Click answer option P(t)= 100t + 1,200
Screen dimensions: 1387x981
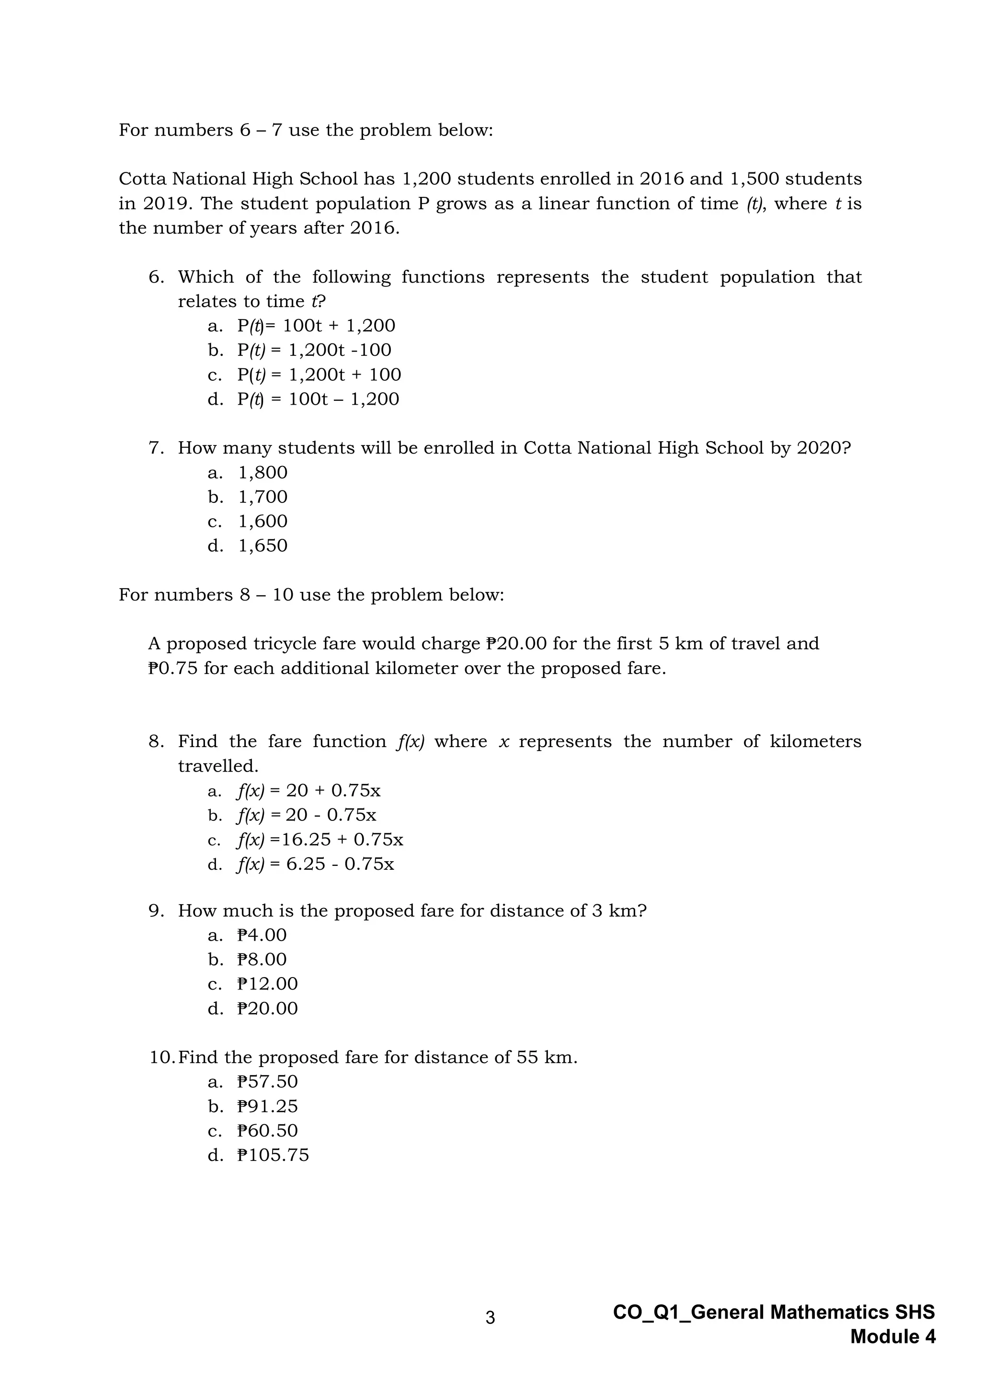[316, 326]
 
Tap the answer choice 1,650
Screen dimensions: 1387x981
[263, 546]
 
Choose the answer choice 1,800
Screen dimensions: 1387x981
[263, 472]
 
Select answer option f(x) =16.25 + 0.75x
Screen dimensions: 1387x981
[320, 839]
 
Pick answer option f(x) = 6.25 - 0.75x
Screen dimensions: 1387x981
[315, 864]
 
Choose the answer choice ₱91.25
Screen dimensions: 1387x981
[268, 1106]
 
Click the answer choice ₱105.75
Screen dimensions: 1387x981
[273, 1155]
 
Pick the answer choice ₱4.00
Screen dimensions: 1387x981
[262, 935]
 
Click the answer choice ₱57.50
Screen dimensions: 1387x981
[268, 1081]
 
